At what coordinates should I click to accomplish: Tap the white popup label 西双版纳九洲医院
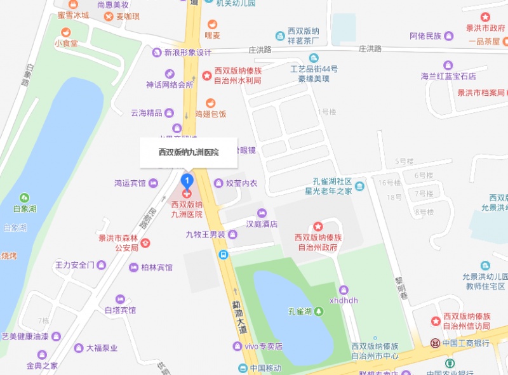[x=189, y=152]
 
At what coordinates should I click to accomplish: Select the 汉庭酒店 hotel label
[x=262, y=223]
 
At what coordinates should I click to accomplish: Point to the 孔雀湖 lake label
[x=300, y=311]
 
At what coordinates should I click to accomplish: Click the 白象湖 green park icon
[x=24, y=198]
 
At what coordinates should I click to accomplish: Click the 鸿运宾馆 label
[x=130, y=183]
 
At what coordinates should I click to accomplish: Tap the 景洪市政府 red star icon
[x=485, y=17]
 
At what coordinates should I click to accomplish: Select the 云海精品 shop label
[x=146, y=113]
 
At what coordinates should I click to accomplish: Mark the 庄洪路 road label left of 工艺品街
[x=260, y=49]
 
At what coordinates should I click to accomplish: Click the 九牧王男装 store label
[x=206, y=235]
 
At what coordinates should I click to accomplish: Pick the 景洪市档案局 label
[x=481, y=93]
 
